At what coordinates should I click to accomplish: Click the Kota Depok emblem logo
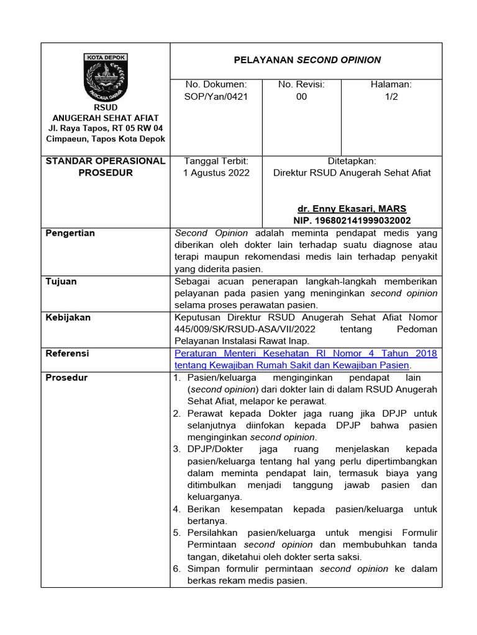(x=105, y=78)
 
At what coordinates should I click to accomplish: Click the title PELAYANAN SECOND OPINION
(x=307, y=60)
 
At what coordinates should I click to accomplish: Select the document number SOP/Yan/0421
(x=216, y=97)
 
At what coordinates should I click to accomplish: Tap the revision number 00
(x=301, y=97)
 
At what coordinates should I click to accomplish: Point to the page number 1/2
(x=391, y=97)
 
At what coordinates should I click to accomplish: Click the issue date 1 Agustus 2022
(x=216, y=173)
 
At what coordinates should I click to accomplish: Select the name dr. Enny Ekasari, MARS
(x=352, y=208)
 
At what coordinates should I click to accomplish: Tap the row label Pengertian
(x=70, y=233)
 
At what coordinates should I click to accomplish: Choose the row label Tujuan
(x=61, y=282)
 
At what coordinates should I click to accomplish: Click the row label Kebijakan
(x=68, y=317)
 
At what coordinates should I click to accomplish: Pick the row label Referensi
(x=68, y=353)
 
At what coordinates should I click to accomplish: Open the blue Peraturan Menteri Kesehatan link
(x=306, y=359)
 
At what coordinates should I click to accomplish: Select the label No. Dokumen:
(x=216, y=84)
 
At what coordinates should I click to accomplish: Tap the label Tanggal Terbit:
(x=216, y=161)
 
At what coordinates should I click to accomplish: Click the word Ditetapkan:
(x=352, y=161)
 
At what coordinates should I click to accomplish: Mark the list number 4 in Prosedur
(x=176, y=509)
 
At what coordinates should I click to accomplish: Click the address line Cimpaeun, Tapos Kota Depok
(x=106, y=139)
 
